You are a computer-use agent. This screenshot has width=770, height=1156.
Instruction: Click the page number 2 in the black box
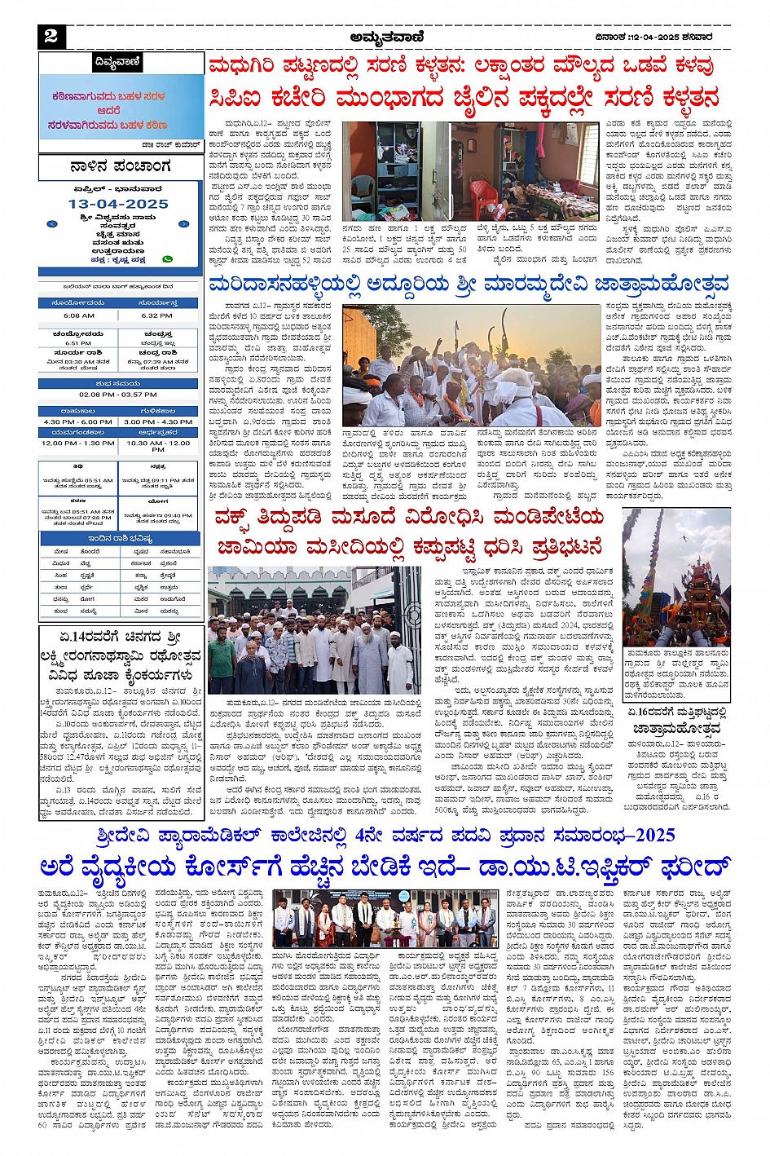[x=51, y=35]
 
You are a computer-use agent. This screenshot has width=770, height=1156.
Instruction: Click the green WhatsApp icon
[x=168, y=259]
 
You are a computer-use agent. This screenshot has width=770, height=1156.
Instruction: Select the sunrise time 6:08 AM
[x=79, y=315]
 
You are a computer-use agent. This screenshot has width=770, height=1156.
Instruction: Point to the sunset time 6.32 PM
[x=156, y=315]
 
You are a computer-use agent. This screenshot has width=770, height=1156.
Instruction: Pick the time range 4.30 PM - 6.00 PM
[x=78, y=422]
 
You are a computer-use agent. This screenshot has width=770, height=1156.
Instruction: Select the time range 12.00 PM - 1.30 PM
[x=78, y=443]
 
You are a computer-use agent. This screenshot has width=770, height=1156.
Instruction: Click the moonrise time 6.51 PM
[x=78, y=343]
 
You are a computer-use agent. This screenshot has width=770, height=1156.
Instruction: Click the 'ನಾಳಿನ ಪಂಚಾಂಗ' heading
[x=120, y=167]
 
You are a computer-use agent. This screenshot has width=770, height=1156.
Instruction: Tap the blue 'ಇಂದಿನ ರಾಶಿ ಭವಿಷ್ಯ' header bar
[x=120, y=539]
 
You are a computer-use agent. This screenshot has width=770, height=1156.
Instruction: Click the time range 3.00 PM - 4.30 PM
[x=157, y=422]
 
